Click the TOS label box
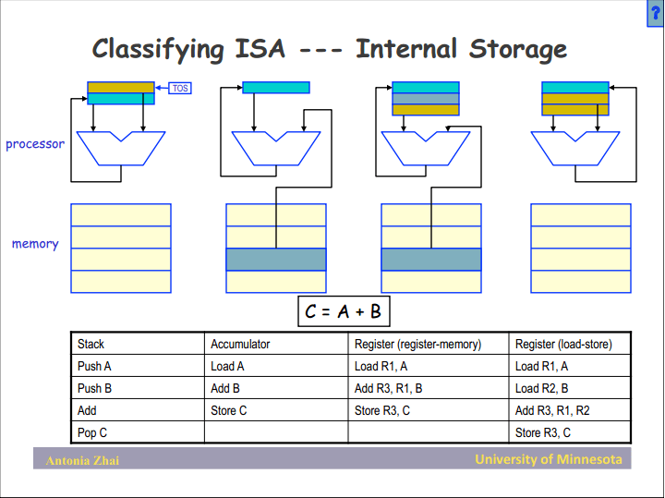tap(180, 88)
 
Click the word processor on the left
tap(35, 144)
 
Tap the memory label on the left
tap(35, 244)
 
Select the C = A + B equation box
tap(343, 311)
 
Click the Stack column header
tap(91, 344)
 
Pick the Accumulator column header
tap(240, 344)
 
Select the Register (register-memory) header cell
tap(417, 344)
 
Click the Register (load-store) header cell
tap(563, 344)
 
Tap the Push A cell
tap(95, 366)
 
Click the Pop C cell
tap(93, 432)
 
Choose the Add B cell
tap(225, 388)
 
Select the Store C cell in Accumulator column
tap(229, 410)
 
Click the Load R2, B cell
tap(542, 388)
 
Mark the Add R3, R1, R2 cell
tap(552, 410)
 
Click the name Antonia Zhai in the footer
tap(82, 460)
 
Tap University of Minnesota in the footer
tap(549, 459)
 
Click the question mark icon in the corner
tap(656, 8)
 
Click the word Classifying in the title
tap(158, 49)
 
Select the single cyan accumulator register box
tap(275, 88)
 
